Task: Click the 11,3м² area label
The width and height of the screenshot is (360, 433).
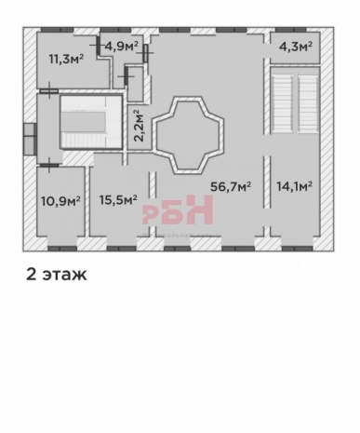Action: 67,58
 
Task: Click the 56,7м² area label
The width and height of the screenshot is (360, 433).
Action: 231,186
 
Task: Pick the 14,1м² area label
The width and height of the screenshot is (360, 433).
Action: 294,186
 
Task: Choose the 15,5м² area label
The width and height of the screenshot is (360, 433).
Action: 118,200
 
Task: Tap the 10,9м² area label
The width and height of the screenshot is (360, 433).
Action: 60,201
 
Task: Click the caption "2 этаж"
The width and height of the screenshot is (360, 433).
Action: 57,275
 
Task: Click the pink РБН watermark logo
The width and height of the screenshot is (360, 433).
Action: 178,210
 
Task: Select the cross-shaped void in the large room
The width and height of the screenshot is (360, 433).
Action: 188,135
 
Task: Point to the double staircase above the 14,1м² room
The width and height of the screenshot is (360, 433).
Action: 295,101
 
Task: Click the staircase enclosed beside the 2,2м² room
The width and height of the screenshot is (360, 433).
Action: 91,122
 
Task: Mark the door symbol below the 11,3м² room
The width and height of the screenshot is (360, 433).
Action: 49,91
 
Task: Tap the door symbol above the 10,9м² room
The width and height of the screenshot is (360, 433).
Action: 49,165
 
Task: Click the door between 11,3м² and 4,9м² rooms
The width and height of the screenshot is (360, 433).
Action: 97,45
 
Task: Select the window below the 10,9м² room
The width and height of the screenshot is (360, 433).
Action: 62,249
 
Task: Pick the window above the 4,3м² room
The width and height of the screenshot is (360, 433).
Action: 291,30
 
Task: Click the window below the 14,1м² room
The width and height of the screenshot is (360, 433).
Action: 298,249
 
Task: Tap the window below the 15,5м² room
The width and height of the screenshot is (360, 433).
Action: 121,249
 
